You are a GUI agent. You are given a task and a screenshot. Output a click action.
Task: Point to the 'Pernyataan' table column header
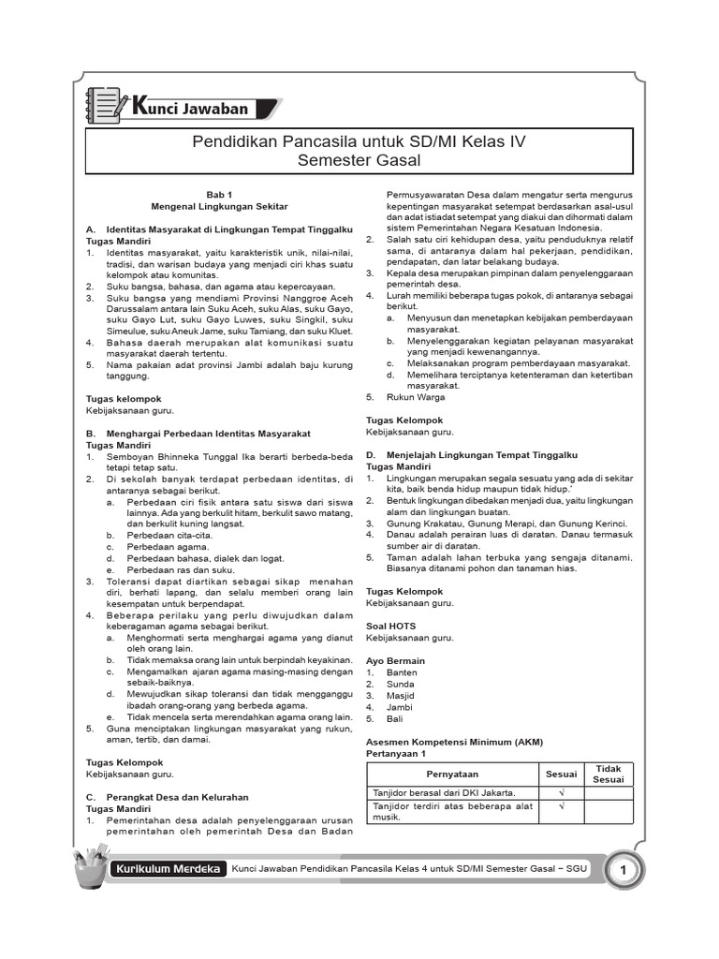tap(452, 775)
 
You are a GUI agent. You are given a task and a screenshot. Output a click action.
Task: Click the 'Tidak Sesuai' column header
tap(609, 775)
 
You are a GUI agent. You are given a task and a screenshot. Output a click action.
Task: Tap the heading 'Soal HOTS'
tap(390, 626)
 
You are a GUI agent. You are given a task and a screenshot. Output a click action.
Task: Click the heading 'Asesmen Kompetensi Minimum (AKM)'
tap(454, 742)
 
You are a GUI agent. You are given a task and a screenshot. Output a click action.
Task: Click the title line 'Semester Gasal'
tap(359, 160)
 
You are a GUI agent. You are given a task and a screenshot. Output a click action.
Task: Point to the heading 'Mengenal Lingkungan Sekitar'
tap(219, 203)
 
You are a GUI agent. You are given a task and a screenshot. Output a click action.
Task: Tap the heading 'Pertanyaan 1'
tap(396, 753)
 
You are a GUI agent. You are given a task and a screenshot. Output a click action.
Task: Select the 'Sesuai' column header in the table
tap(562, 775)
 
